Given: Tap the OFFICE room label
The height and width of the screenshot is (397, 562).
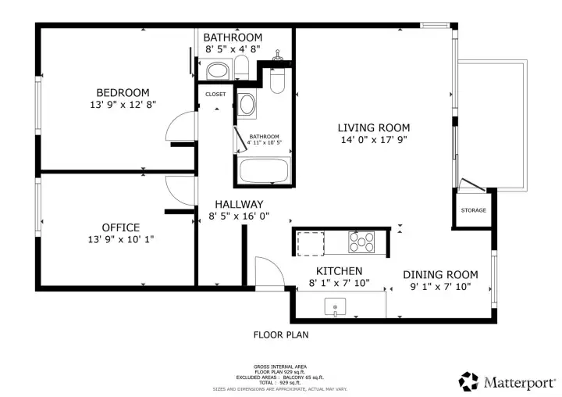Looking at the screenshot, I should (120, 227).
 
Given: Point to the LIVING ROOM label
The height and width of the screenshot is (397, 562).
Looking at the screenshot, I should (373, 127).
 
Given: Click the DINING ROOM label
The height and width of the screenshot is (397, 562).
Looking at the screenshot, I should (439, 274).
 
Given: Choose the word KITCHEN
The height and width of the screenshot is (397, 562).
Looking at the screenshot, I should (339, 270).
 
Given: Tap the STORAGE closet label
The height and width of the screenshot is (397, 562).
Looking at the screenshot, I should (473, 210).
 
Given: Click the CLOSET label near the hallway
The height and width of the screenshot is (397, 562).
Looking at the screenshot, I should (215, 95).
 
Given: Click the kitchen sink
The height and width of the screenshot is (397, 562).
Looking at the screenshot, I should (336, 307).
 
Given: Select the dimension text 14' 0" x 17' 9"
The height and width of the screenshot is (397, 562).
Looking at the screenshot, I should (373, 141).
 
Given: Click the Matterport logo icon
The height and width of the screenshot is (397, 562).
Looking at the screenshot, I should (468, 381).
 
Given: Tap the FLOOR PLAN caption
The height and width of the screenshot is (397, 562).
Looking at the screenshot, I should (281, 335).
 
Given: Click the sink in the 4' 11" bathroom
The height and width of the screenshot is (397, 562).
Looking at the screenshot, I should (247, 106).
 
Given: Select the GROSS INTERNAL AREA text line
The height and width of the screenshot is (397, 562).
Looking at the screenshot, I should (280, 367).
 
